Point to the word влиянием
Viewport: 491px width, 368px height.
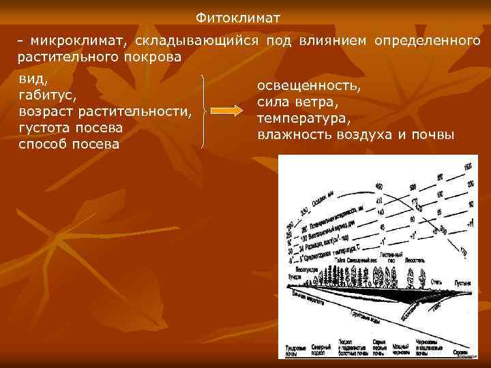(333, 41)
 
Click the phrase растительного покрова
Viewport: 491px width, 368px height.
(100, 57)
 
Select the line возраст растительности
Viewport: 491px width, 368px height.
(105, 111)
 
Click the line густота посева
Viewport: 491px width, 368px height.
(71, 127)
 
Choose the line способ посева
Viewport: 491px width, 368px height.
(69, 144)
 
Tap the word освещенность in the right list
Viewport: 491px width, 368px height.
(308, 87)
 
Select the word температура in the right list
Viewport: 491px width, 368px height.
(304, 119)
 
